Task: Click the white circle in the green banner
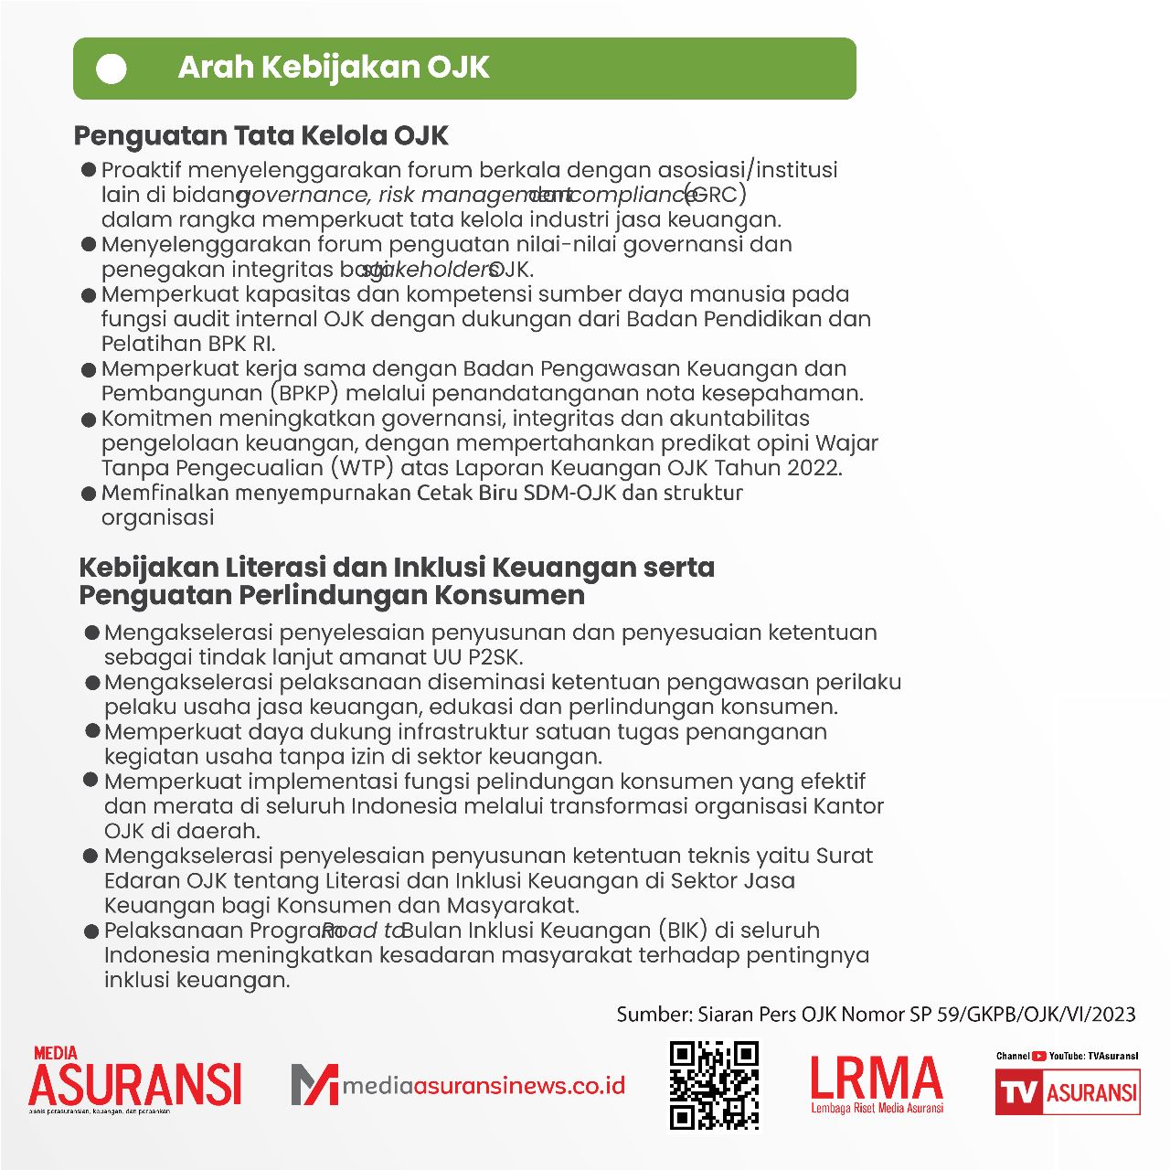(112, 69)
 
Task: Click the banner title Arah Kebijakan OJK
(334, 68)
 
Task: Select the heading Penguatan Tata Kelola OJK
(261, 136)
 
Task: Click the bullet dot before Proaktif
(89, 170)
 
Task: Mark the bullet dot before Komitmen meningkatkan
(89, 420)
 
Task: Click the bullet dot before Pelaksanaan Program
(90, 931)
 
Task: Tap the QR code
(714, 1085)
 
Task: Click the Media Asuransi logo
(134, 1080)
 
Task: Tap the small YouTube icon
(1039, 1056)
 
